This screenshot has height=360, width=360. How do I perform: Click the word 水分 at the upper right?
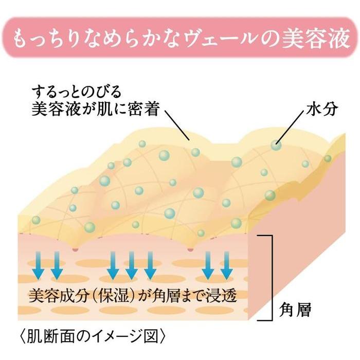coord(322,109)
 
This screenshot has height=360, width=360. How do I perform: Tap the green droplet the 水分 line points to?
coord(276,145)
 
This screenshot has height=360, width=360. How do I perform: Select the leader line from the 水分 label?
coord(291,127)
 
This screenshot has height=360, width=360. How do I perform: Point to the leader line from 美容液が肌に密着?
coord(176,124)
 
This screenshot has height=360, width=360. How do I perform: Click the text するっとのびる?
coord(77,92)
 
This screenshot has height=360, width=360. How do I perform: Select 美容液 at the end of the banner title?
coord(316,38)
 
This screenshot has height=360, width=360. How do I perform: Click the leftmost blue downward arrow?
coord(38,266)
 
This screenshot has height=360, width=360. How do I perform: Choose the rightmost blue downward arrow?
coord(227,266)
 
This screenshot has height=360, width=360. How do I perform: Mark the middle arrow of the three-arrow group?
coord(131,266)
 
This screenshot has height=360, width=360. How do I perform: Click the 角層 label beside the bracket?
coord(295,310)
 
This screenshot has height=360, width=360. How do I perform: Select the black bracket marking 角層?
coord(272,278)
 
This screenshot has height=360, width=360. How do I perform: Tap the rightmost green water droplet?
coord(328,158)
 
